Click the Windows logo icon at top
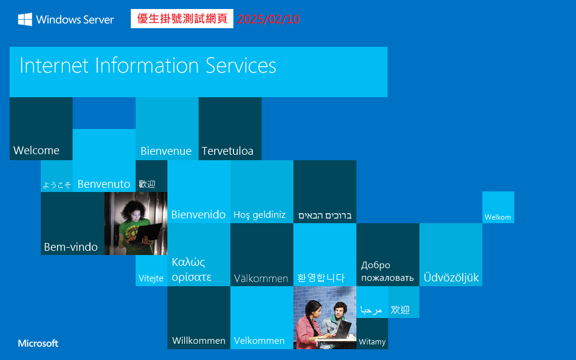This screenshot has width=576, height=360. (25, 19)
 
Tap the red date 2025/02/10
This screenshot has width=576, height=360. (268, 19)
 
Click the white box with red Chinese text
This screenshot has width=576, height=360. (182, 19)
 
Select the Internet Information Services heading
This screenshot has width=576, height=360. (148, 65)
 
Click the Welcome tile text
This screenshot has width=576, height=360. (37, 151)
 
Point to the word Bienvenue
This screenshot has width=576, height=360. (166, 151)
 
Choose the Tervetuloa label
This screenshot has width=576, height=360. (227, 151)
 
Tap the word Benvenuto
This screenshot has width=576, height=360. (104, 184)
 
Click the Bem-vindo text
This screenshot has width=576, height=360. (71, 247)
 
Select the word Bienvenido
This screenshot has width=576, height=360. (199, 215)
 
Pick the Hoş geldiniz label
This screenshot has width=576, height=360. (259, 215)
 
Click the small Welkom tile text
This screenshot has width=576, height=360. (498, 217)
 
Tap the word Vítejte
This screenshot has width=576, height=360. (151, 278)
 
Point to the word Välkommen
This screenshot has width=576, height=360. (261, 278)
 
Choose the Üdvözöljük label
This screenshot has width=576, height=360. (451, 278)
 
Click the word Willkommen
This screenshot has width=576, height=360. (199, 341)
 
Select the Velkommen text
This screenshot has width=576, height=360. (259, 341)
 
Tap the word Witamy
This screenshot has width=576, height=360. (372, 342)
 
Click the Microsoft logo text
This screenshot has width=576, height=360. (38, 343)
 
